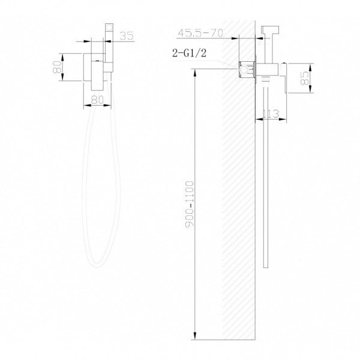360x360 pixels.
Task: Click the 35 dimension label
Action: (x=125, y=35)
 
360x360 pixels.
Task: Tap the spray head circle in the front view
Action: (x=109, y=28)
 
